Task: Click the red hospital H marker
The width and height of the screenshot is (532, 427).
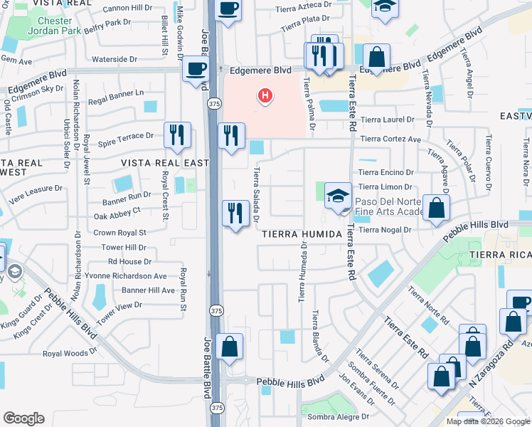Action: tap(265, 95)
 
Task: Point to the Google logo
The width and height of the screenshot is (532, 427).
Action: tap(23, 418)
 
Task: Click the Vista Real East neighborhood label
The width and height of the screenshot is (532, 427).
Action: tap(165, 163)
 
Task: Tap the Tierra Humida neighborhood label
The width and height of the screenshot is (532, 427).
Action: tap(297, 233)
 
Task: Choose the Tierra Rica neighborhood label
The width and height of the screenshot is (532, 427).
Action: tap(499, 255)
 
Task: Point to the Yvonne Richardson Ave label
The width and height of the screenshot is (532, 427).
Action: tap(126, 276)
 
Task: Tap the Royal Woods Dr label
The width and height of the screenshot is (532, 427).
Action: tap(70, 353)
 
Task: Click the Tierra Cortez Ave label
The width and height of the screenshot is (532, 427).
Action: tap(390, 139)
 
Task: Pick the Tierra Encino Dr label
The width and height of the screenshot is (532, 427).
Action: tap(385, 172)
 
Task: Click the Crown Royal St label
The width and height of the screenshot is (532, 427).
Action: tap(119, 233)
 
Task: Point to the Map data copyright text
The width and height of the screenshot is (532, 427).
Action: tap(487, 421)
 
